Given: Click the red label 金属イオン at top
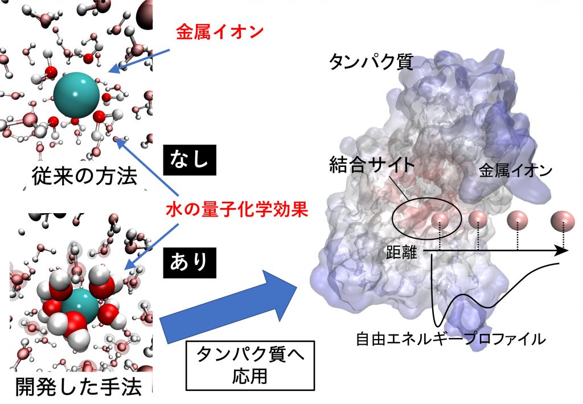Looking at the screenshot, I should [219, 32].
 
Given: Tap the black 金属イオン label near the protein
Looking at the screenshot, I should [515, 170].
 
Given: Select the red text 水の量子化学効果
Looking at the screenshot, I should [236, 210].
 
